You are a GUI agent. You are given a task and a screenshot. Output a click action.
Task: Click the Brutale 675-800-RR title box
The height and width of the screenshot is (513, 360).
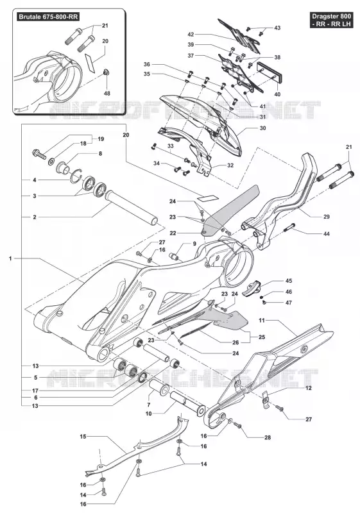[48, 17]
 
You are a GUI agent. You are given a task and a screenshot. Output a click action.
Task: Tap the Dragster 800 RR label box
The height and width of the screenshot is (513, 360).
[332, 20]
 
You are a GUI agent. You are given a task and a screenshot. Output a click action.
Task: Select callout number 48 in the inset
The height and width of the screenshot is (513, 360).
[107, 93]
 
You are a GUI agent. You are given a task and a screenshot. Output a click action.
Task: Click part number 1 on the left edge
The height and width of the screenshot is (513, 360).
[10, 258]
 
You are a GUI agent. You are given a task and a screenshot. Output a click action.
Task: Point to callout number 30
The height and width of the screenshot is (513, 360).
[263, 128]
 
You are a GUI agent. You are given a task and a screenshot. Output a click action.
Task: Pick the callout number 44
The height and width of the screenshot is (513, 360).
[326, 233]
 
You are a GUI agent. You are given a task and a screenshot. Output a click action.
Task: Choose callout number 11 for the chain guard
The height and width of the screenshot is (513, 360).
[261, 320]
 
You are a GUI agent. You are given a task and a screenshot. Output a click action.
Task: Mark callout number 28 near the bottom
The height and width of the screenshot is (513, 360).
[268, 437]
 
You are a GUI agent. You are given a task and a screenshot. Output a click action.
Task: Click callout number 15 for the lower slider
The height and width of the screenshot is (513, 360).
[83, 436]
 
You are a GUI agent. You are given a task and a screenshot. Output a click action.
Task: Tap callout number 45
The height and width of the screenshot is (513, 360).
[289, 281]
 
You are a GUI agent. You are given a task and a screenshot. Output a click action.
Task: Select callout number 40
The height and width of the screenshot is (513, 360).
[277, 94]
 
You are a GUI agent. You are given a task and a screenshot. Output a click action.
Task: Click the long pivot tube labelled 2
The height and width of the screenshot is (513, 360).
[131, 208]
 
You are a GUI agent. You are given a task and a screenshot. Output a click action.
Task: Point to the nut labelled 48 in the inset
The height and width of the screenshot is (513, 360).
[106, 72]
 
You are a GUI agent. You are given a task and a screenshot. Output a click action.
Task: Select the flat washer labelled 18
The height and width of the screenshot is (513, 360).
[51, 162]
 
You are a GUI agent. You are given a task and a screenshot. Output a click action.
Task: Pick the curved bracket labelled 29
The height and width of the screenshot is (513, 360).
[279, 202]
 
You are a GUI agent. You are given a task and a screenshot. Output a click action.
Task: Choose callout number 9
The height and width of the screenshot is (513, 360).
[194, 244]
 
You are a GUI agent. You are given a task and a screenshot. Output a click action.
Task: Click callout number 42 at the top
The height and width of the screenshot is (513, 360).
[191, 35]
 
